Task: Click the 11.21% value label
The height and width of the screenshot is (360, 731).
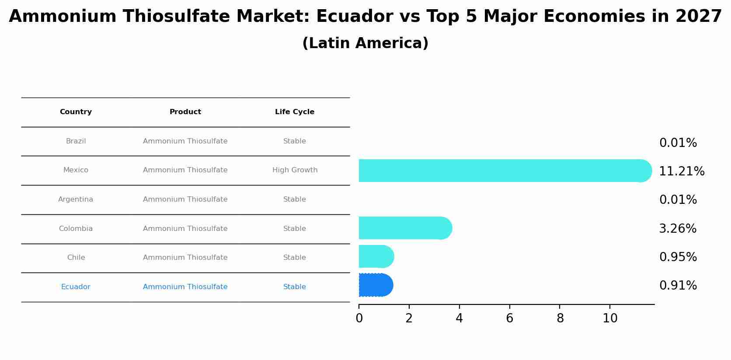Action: pyautogui.click(x=681, y=171)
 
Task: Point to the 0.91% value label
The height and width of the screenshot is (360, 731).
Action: pyautogui.click(x=678, y=286)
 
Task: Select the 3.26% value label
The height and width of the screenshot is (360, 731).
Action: pyautogui.click(x=677, y=228)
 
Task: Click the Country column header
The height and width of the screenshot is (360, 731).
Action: pyautogui.click(x=76, y=112)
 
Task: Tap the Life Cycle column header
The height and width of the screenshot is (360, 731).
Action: pyautogui.click(x=294, y=112)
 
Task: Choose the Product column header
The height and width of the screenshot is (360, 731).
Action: pyautogui.click(x=185, y=112)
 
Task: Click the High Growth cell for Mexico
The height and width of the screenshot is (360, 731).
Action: pyautogui.click(x=295, y=170)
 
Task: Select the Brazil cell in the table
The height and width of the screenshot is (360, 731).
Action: pyautogui.click(x=76, y=141)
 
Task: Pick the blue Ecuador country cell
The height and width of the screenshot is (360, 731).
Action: pyautogui.click(x=76, y=287)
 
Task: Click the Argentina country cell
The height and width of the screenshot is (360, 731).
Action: pyautogui.click(x=76, y=199)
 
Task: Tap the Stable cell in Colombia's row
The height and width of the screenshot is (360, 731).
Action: pyautogui.click(x=294, y=229)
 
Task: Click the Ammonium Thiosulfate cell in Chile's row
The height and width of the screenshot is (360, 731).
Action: pyautogui.click(x=185, y=258)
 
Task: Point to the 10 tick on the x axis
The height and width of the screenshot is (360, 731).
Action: pyautogui.click(x=610, y=318)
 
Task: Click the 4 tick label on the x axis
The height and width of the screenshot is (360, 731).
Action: pyautogui.click(x=459, y=318)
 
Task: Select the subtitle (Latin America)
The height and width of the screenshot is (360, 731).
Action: pyautogui.click(x=365, y=43)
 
